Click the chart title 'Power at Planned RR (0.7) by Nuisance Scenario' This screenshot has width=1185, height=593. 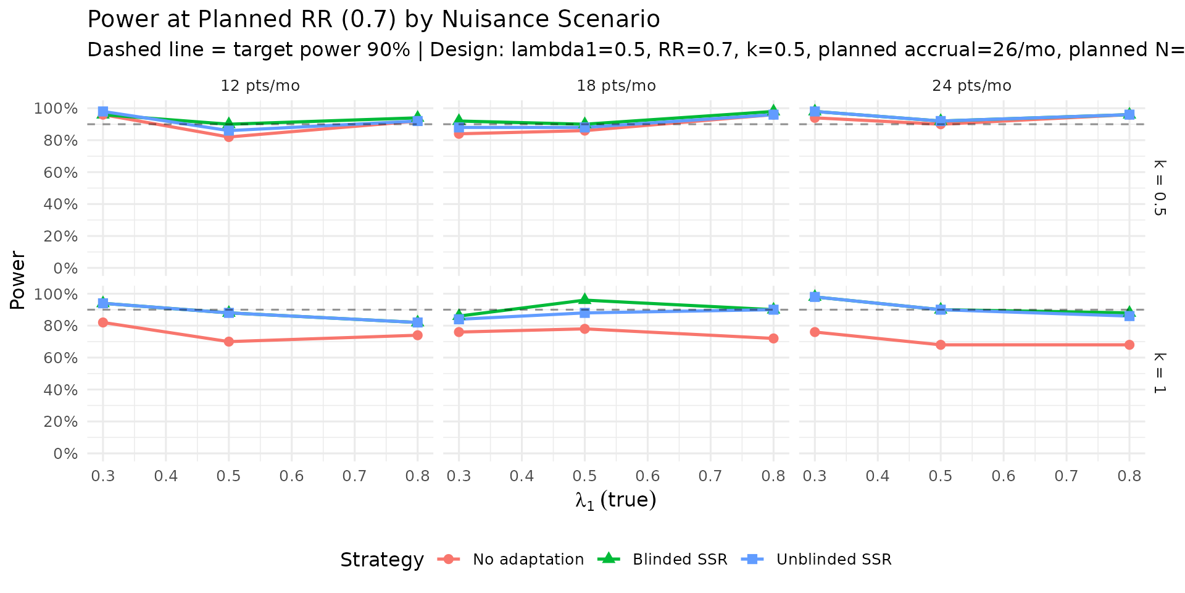point(373,20)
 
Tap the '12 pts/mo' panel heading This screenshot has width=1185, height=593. point(260,86)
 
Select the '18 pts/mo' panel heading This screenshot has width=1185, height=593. point(616,86)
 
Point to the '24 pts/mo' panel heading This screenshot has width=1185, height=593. point(971,86)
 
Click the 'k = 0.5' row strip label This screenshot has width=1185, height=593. point(1159,188)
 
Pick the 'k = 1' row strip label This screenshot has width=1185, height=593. point(1159,373)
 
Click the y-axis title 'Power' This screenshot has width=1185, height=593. point(17,280)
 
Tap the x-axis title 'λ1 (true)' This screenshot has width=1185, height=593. point(615,500)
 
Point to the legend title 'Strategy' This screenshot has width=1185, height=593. point(381,560)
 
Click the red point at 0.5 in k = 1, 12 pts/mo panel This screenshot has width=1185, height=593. point(229,342)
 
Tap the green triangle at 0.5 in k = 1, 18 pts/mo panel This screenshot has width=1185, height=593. point(584,300)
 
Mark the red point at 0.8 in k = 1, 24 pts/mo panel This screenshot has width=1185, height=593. point(1129,345)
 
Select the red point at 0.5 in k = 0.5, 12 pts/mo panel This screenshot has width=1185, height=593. point(229,137)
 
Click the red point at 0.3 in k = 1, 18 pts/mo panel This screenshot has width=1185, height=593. point(459,332)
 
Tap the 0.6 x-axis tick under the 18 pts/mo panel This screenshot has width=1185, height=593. point(647,476)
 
